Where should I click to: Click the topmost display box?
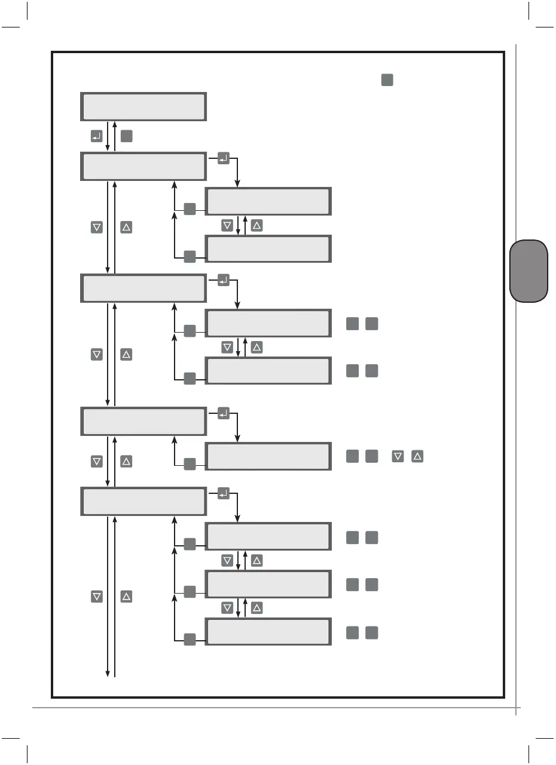[143, 107]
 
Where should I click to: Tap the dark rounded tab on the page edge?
[529, 271]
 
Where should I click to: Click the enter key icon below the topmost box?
[96, 137]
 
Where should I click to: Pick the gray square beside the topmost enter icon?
[126, 137]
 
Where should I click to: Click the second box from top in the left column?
[143, 167]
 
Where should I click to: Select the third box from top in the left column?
[143, 288]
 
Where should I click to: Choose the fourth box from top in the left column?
[143, 421]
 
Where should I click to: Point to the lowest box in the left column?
[143, 501]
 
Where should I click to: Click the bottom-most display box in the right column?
[268, 632]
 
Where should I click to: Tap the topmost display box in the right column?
[268, 202]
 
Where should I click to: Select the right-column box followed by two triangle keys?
[268, 456]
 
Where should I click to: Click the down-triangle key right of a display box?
[397, 457]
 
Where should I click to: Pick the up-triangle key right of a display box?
[418, 457]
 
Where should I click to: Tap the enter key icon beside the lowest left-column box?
[224, 494]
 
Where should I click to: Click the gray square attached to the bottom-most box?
[190, 639]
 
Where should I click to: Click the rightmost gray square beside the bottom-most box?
[372, 632]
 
